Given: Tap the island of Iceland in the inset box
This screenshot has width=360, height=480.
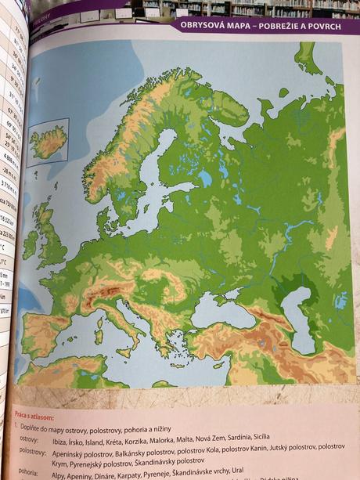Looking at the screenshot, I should pyautogui.click(x=49, y=143).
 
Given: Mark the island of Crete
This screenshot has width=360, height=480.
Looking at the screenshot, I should pyautogui.click(x=179, y=365).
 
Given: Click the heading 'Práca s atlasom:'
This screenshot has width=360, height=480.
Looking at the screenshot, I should pyautogui.click(x=35, y=412).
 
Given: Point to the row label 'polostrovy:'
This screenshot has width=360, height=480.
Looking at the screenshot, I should pyautogui.click(x=33, y=452).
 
